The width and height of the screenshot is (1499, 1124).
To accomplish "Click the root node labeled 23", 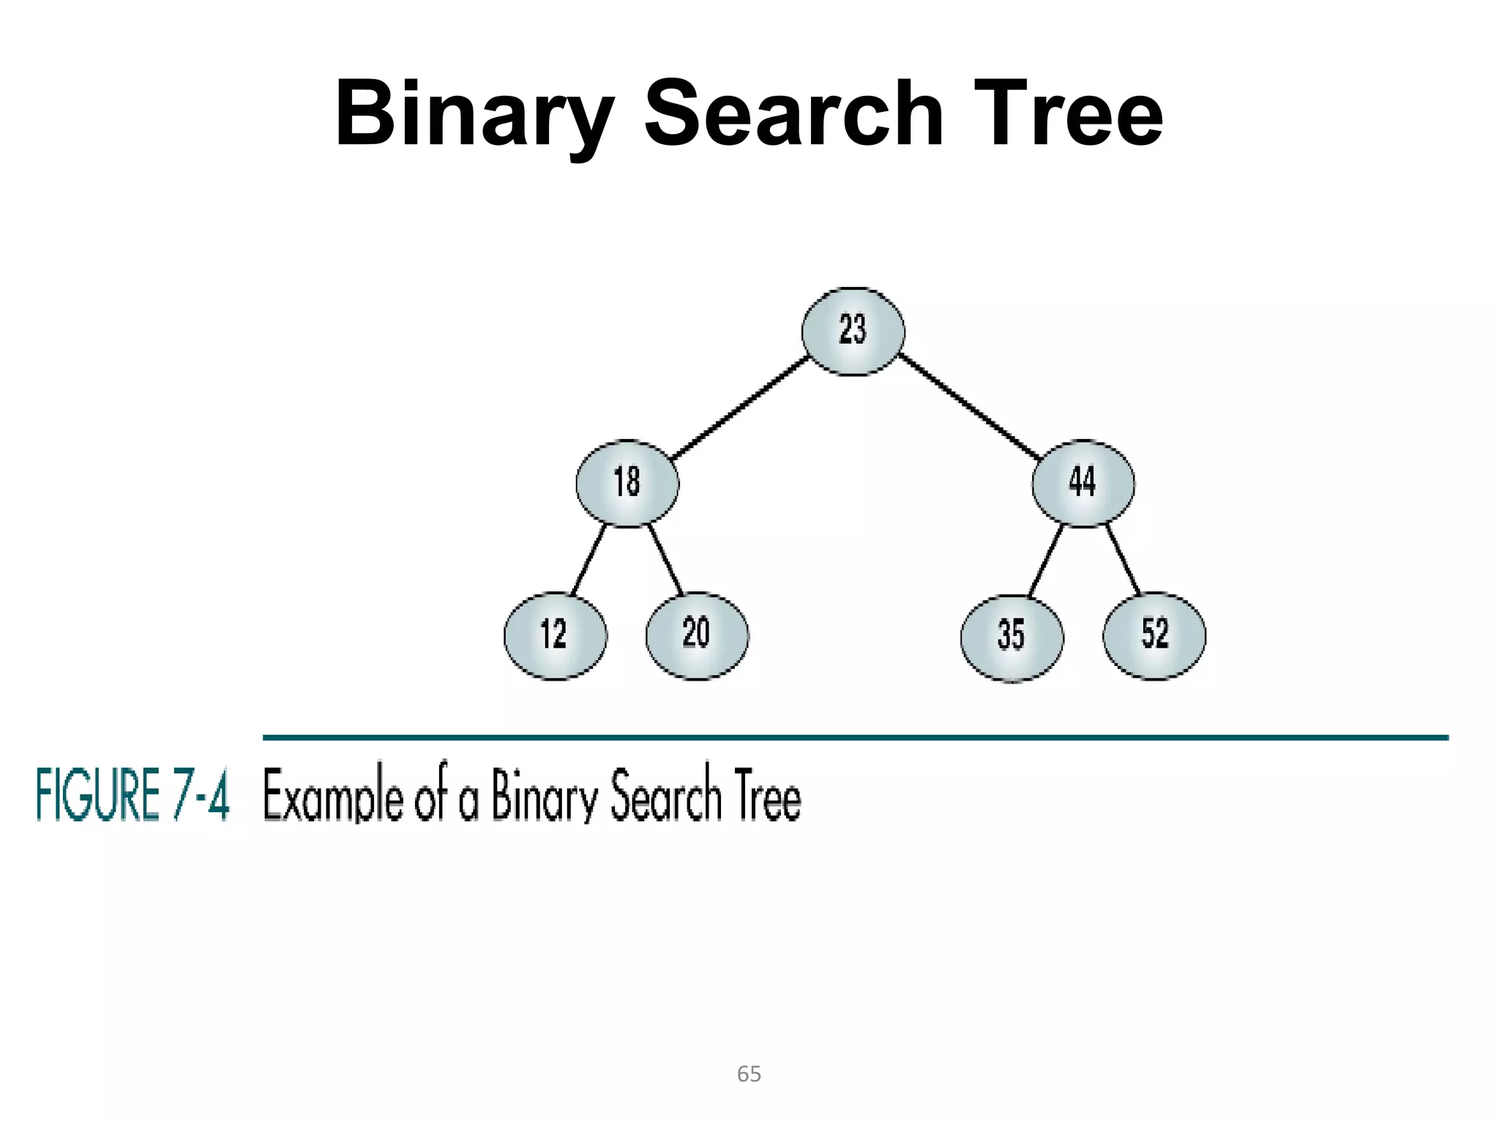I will tap(853, 331).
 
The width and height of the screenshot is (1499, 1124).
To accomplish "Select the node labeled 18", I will tap(627, 483).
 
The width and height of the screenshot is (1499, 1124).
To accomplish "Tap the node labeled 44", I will tap(1083, 483).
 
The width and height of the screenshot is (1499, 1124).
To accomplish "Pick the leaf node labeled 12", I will tap(555, 635).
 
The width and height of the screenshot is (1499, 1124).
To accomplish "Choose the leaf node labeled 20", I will tap(697, 635).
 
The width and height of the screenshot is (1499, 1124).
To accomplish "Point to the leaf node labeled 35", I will tap(1012, 637).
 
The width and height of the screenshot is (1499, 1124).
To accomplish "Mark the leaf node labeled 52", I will tap(1154, 635).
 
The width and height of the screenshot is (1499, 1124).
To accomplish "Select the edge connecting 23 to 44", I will tap(970, 406).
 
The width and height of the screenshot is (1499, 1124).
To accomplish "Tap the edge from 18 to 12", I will tap(588, 559).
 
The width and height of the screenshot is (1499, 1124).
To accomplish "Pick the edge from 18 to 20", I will tap(665, 559).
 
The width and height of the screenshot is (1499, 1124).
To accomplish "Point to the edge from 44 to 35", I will tap(1046, 560).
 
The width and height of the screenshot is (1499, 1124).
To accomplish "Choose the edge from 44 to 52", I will tap(1123, 559).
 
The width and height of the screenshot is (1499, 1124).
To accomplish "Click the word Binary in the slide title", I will tap(474, 116).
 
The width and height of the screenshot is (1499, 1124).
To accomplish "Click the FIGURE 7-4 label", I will tap(132, 795).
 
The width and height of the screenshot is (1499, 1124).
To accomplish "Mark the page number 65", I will tap(749, 1074).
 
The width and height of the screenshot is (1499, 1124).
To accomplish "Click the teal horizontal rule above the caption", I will tap(855, 738).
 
